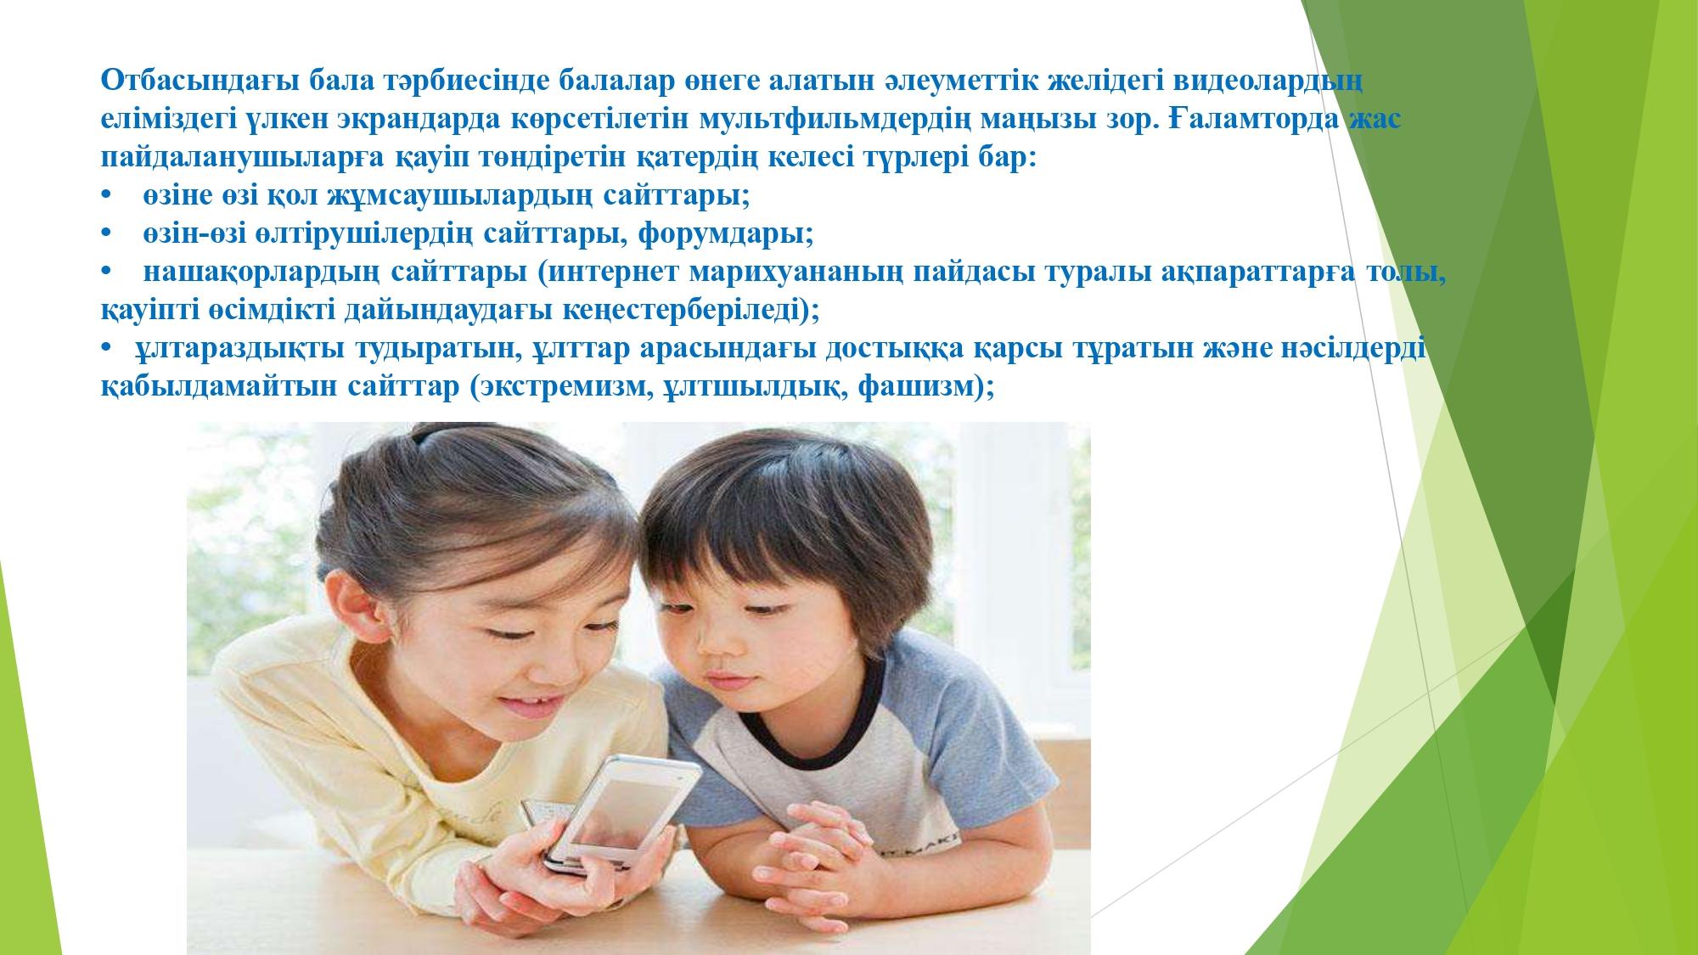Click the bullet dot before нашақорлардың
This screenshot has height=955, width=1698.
pos(106,273)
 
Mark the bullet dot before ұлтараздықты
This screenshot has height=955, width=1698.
pos(106,350)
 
